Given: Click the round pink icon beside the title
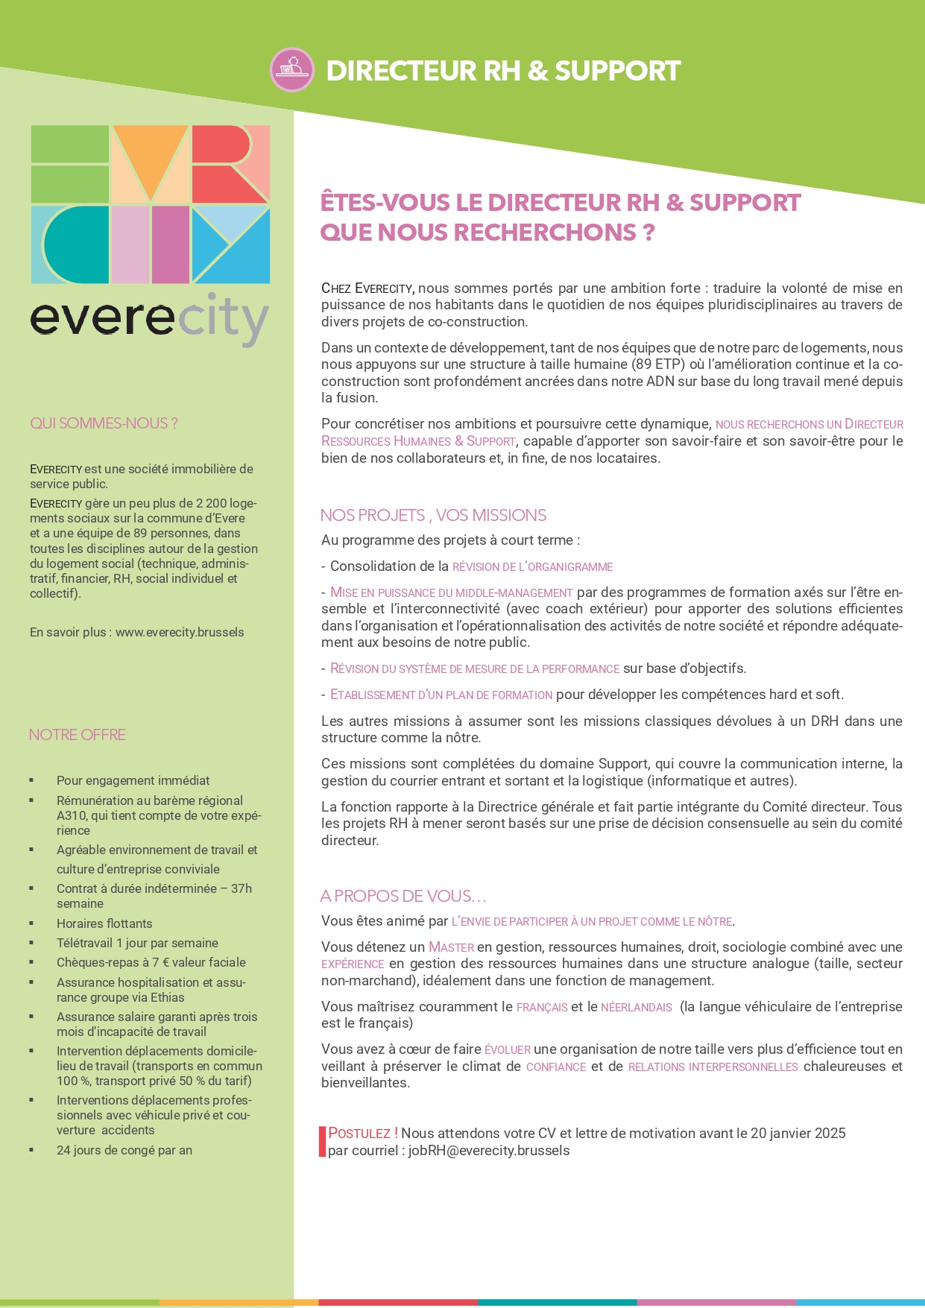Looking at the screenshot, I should pyautogui.click(x=291, y=70).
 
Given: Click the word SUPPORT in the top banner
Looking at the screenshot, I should pyautogui.click(x=617, y=71).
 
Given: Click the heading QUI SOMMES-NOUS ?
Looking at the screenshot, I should pyautogui.click(x=104, y=423).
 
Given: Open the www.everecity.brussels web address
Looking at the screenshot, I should pyautogui.click(x=180, y=632).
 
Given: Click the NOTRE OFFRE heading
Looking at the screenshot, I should pyautogui.click(x=78, y=735).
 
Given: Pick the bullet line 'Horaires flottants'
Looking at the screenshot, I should pyautogui.click(x=104, y=923).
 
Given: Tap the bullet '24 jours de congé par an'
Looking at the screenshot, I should pyautogui.click(x=124, y=1150).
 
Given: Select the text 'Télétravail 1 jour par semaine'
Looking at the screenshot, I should pyautogui.click(x=137, y=943).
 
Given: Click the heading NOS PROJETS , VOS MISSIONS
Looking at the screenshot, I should pyautogui.click(x=433, y=515).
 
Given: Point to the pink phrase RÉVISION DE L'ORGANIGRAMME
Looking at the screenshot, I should pyautogui.click(x=532, y=566).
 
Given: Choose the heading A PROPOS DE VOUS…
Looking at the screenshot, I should pyautogui.click(x=403, y=896).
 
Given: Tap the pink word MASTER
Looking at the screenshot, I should pyautogui.click(x=451, y=947).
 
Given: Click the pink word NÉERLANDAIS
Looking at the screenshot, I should pyautogui.click(x=637, y=1007).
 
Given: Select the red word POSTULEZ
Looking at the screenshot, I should pyautogui.click(x=361, y=1134).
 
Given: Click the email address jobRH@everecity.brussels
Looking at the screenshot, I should pyautogui.click(x=489, y=1150).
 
